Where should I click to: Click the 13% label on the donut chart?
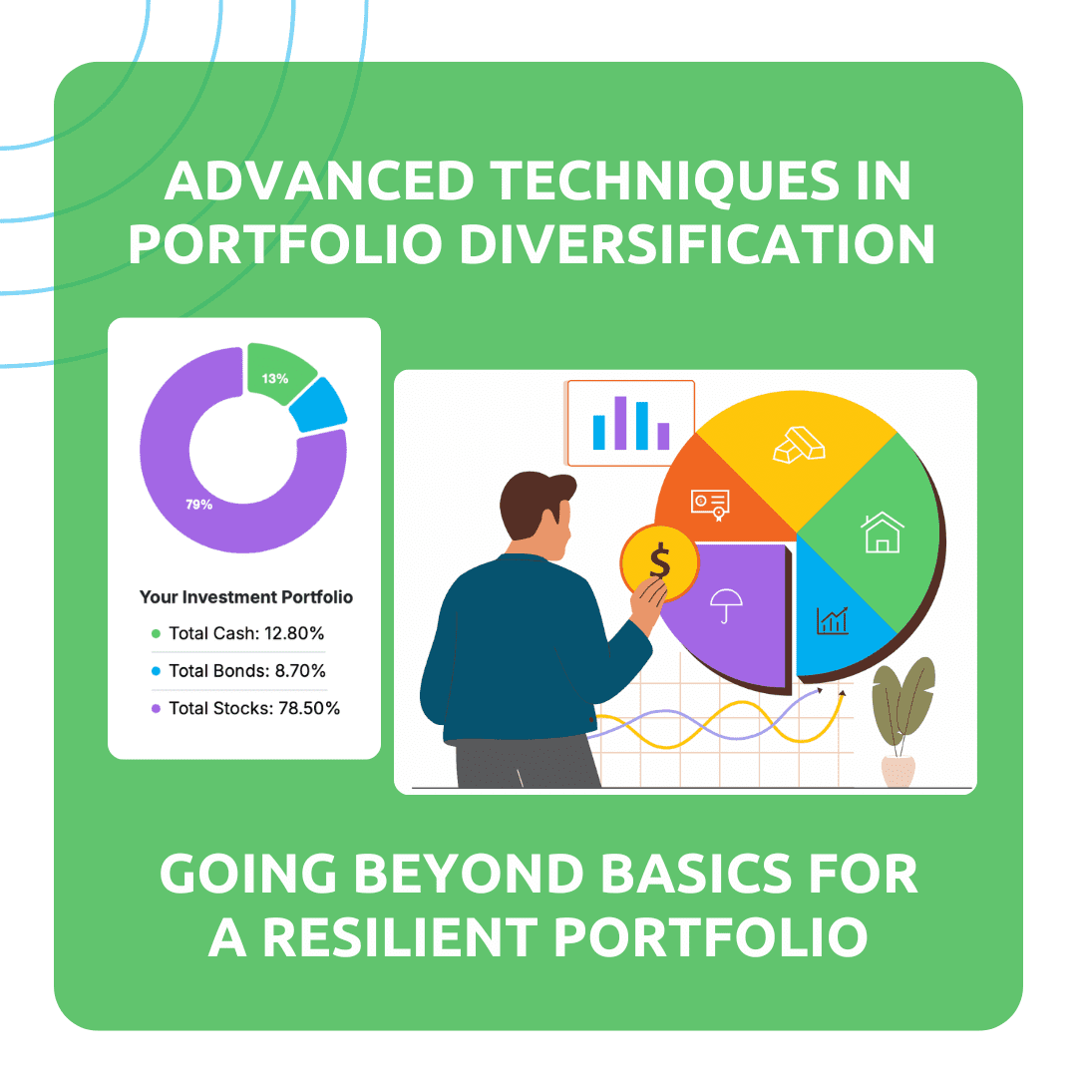click(275, 379)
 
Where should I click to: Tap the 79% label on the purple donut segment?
click(198, 505)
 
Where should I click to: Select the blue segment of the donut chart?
click(322, 406)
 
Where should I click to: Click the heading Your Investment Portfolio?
click(245, 597)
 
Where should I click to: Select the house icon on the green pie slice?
click(882, 532)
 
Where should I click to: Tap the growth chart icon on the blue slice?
click(833, 620)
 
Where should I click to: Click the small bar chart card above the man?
click(630, 423)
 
